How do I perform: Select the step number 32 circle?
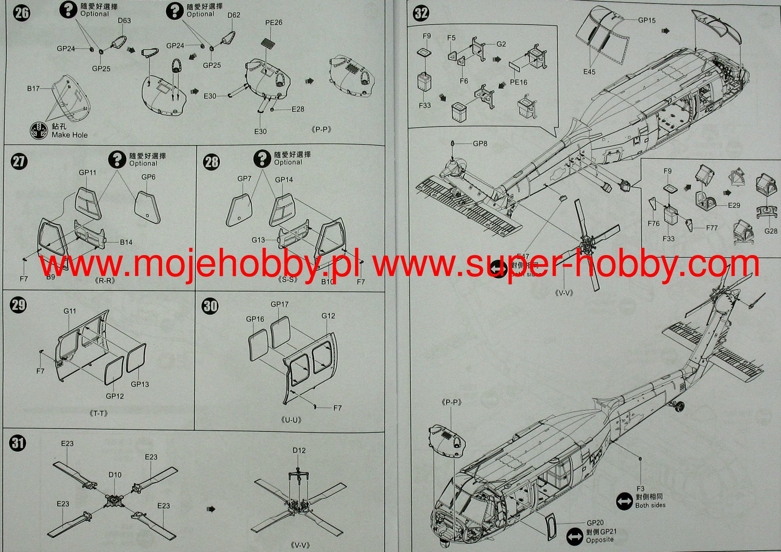point(421,13)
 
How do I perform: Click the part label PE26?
point(273,22)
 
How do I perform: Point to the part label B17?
point(33,88)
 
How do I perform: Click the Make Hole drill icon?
point(37,130)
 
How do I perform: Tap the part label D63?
point(124,21)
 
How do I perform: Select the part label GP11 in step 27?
point(87,172)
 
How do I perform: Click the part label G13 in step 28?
point(258,240)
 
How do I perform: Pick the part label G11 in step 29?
point(70,311)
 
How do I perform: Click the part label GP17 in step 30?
point(280,304)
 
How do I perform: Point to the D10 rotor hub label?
point(115,475)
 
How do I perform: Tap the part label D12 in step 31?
point(299,450)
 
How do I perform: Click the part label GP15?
point(647,20)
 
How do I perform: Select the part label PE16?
point(519,82)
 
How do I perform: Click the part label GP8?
point(480,144)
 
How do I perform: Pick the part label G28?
point(771,231)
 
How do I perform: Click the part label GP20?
point(595,523)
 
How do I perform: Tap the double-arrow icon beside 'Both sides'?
point(624,501)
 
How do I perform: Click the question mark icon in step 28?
point(262,158)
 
